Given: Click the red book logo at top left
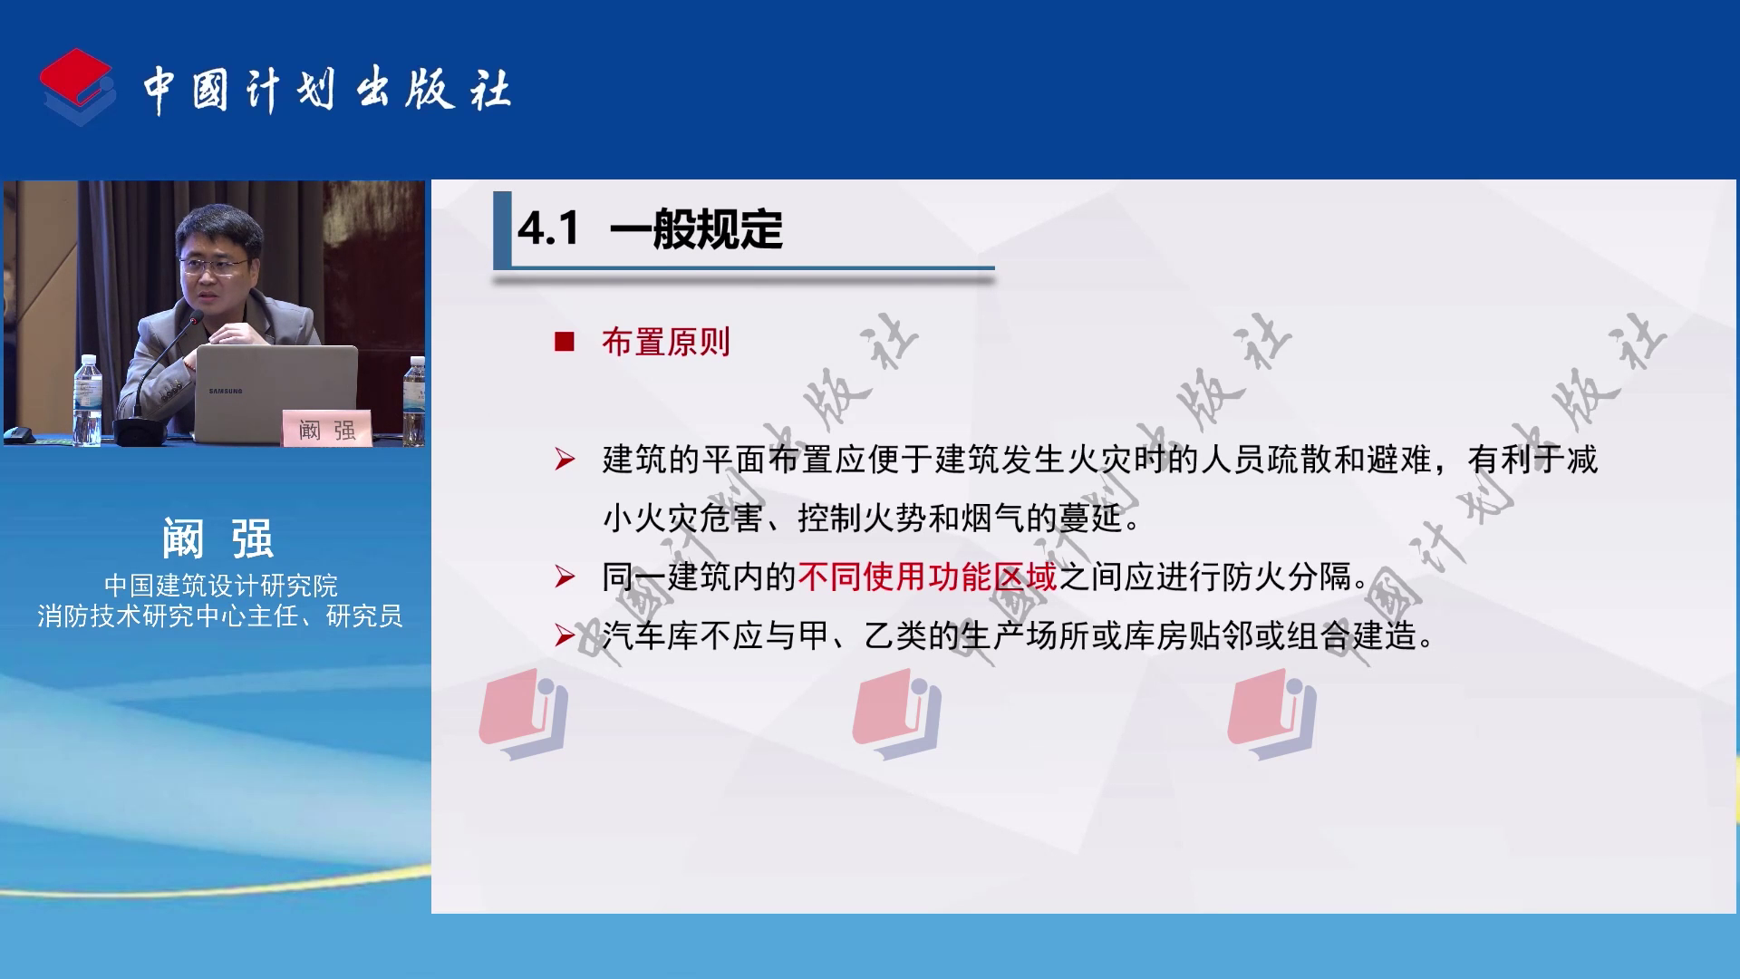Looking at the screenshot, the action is pos(77,87).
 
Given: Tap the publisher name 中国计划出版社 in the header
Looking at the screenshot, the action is pos(327,90).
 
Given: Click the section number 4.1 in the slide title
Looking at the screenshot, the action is pos(548,228).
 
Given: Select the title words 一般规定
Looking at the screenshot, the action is pos(697,228).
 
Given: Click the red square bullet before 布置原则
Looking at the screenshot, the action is pos(565,342).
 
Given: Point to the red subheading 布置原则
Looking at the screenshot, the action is pos(666,342).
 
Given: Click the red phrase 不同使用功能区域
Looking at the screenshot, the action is pos(927,577).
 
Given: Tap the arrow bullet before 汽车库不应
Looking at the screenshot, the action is pos(565,635).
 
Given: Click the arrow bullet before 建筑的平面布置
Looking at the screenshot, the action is pos(565,460).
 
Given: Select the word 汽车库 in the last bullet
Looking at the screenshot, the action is pos(651,635).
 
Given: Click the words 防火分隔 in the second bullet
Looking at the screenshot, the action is pos(1287,577).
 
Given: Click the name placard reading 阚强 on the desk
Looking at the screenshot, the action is pos(326,429).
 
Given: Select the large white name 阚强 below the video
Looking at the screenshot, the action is pos(218,538).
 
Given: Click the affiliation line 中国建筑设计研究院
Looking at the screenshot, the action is pos(221,585).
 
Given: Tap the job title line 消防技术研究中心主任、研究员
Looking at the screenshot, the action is pos(220,616).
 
